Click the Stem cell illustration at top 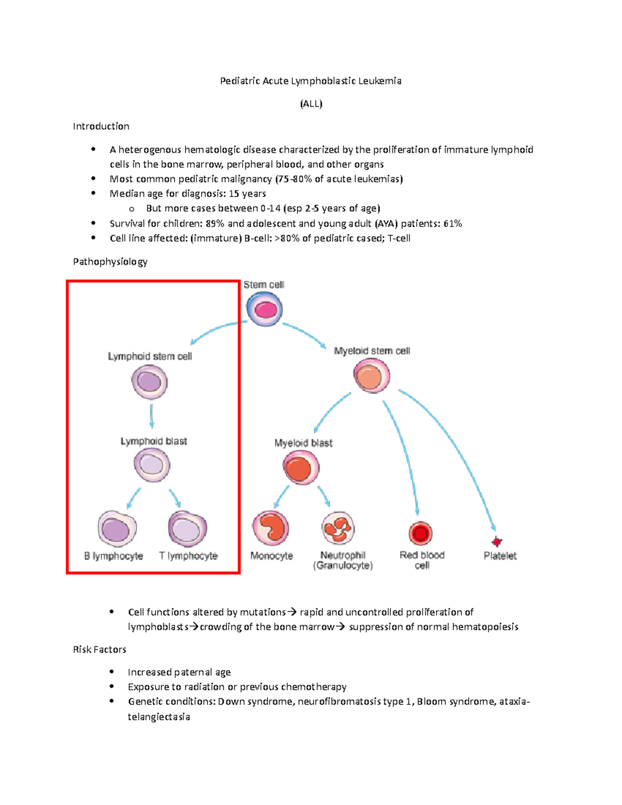tap(264, 309)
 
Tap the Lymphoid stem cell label tap(150, 357)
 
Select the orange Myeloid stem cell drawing tap(372, 376)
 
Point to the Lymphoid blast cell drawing tap(152, 465)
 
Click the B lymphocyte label tap(114, 556)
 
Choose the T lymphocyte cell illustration tap(187, 529)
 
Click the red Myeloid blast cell tap(301, 468)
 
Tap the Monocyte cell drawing tap(271, 528)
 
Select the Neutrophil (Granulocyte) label tap(343, 560)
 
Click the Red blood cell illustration tap(420, 533)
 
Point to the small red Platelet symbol tap(497, 542)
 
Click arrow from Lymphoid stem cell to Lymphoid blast tap(151, 416)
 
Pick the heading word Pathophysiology tap(110, 262)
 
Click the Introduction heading tap(101, 126)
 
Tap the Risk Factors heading tap(100, 649)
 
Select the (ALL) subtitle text tap(311, 104)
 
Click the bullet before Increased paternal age tap(111, 672)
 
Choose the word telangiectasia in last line tap(159, 717)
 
